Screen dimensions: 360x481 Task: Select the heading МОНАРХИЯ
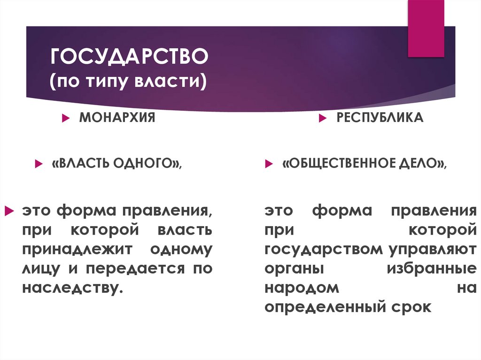[117, 117]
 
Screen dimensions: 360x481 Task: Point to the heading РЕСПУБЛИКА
[380, 117]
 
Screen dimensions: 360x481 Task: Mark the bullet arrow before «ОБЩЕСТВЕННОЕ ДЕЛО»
[268, 164]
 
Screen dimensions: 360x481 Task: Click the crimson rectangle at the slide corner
[426, 28]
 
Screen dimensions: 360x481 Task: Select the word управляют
[429, 250]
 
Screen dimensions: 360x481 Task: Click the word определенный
[323, 307]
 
